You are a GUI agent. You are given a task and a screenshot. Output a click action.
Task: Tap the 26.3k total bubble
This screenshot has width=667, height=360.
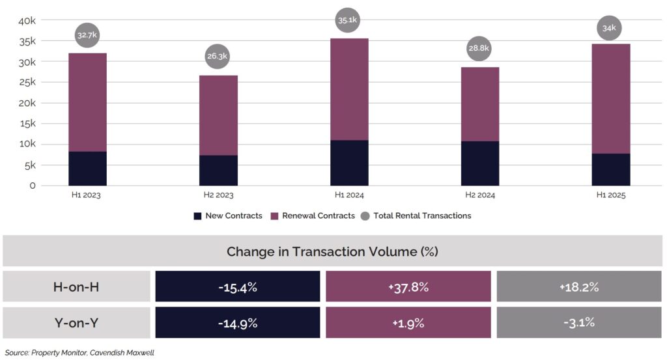pyautogui.click(x=218, y=57)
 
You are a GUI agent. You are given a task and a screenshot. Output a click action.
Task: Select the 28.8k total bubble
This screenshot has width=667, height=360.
pyautogui.click(x=479, y=48)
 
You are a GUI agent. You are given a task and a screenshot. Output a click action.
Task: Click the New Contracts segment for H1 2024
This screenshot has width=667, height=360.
pyautogui.click(x=349, y=163)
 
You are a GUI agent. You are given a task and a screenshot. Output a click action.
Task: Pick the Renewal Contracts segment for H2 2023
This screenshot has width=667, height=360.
pyautogui.click(x=218, y=115)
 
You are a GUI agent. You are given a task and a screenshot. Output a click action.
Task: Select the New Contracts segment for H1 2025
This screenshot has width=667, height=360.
pyautogui.click(x=610, y=169)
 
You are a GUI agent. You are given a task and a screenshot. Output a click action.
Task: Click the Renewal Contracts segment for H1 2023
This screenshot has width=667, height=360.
pyautogui.click(x=87, y=102)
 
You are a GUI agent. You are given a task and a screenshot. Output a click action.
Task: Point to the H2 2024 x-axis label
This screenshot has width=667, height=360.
pyautogui.click(x=479, y=195)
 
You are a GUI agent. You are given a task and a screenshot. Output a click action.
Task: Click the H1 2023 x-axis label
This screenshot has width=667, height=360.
pyautogui.click(x=87, y=195)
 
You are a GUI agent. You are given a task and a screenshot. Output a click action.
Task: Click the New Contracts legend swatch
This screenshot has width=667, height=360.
pyautogui.click(x=198, y=215)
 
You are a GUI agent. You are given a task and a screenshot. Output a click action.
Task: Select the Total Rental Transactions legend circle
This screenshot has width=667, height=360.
pyautogui.click(x=365, y=215)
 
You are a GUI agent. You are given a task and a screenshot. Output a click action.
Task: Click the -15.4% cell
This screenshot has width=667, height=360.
pyautogui.click(x=238, y=287)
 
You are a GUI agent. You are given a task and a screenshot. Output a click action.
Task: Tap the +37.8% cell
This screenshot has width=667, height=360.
pyautogui.click(x=408, y=287)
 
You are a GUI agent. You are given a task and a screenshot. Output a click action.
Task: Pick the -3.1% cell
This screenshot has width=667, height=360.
pyautogui.click(x=578, y=322)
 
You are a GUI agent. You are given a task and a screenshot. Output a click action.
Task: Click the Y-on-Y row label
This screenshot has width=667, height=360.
pyautogui.click(x=76, y=322)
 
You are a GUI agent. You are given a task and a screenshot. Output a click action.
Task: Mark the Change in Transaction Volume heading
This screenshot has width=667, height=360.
pyautogui.click(x=333, y=251)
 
